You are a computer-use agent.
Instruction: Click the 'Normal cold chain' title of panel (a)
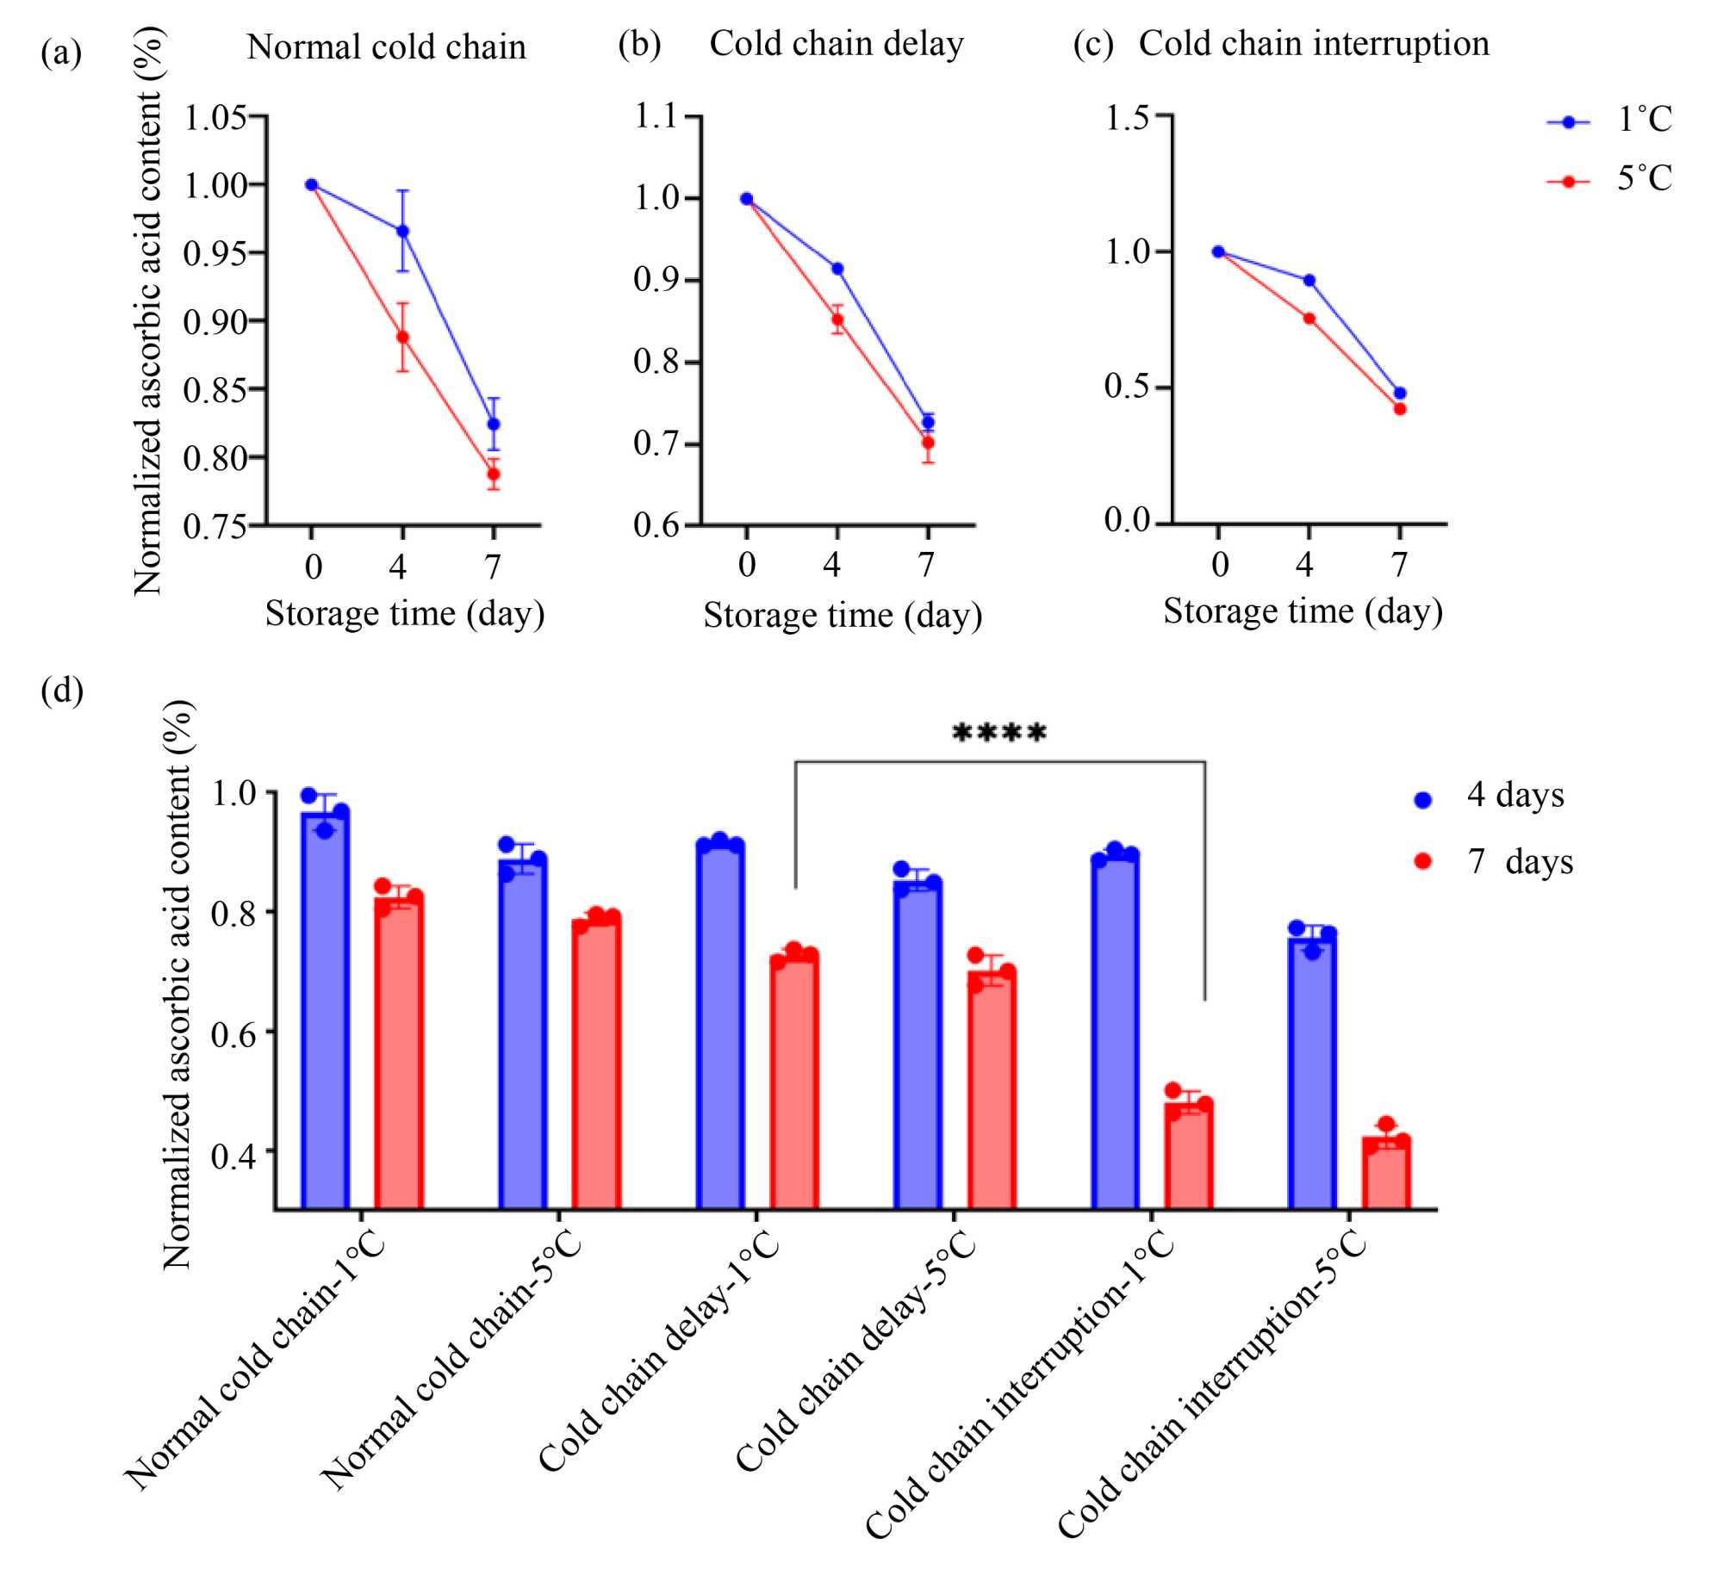(x=386, y=47)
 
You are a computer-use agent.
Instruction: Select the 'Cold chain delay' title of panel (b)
(x=836, y=44)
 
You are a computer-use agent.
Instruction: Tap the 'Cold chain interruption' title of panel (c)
(x=1313, y=44)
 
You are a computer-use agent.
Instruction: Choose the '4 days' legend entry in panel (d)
(x=1490, y=796)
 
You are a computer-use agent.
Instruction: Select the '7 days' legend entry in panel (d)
(x=1496, y=862)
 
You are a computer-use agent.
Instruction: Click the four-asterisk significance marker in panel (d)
(x=998, y=734)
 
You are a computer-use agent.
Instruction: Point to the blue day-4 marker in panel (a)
(x=402, y=231)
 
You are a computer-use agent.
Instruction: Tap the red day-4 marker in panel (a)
(x=402, y=337)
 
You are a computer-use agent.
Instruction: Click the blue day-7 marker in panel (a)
(x=494, y=424)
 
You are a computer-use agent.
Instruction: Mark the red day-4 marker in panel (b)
(x=837, y=319)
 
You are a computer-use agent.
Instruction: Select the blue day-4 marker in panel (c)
(x=1309, y=281)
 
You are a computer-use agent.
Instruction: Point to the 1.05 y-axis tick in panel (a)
(x=215, y=116)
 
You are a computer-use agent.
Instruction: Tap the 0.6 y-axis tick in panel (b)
(x=656, y=524)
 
